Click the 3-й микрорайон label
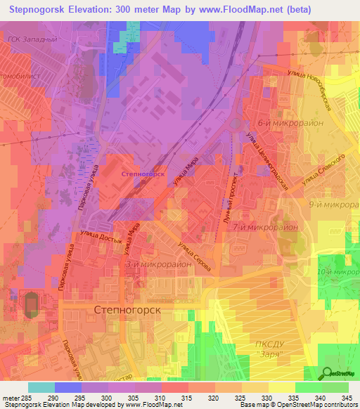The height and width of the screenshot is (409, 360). point(159,264)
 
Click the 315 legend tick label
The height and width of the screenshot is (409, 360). point(188,398)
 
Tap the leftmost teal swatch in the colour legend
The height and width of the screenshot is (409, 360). point(41,387)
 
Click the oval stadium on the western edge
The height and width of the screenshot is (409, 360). point(31,304)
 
